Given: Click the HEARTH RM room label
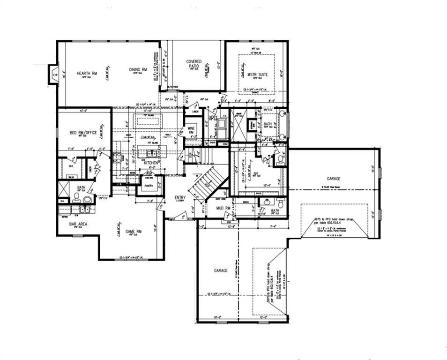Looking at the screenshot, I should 88,73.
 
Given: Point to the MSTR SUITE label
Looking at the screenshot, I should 256,74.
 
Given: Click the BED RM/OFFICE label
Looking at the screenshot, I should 83,133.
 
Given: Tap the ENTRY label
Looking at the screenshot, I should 180,198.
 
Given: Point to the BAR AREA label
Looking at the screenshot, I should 78,224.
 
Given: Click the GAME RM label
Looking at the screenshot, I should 134,232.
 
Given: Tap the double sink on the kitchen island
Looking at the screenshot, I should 151,152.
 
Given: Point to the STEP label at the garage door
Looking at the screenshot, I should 230,223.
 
